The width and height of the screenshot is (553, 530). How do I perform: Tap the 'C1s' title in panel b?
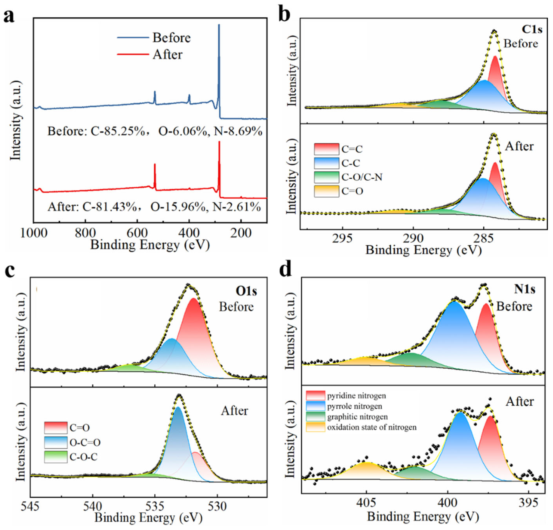click(x=532, y=29)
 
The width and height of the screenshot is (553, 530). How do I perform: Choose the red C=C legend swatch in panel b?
click(x=326, y=149)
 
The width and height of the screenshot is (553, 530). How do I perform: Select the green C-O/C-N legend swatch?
click(x=326, y=177)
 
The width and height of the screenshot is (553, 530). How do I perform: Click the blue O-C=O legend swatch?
click(x=56, y=442)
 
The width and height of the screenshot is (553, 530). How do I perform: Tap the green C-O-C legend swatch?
click(x=56, y=457)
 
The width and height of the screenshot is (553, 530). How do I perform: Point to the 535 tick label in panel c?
click(x=155, y=506)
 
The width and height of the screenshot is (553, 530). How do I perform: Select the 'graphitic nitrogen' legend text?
click(x=358, y=417)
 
